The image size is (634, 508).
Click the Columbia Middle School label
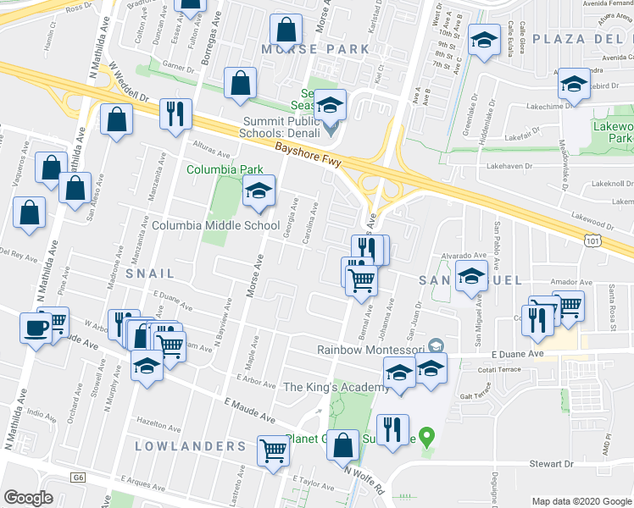[x=215, y=226]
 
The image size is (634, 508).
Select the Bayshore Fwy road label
[x=307, y=157]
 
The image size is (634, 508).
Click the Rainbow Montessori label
[x=370, y=349]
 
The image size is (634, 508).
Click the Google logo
[x=28, y=497]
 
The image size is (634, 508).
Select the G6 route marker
[x=78, y=478]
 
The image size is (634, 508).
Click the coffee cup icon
[x=36, y=326]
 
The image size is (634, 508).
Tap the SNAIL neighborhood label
[x=150, y=273]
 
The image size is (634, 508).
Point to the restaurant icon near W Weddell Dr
[x=175, y=115]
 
